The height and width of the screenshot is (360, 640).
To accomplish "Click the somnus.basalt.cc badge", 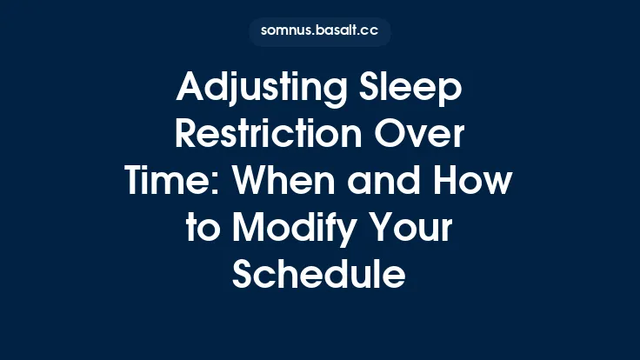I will tap(320, 32).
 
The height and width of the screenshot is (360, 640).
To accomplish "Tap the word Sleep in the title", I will tap(415, 89).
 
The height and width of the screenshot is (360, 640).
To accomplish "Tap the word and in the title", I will tap(377, 183).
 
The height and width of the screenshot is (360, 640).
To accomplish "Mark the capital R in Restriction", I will tap(188, 136).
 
